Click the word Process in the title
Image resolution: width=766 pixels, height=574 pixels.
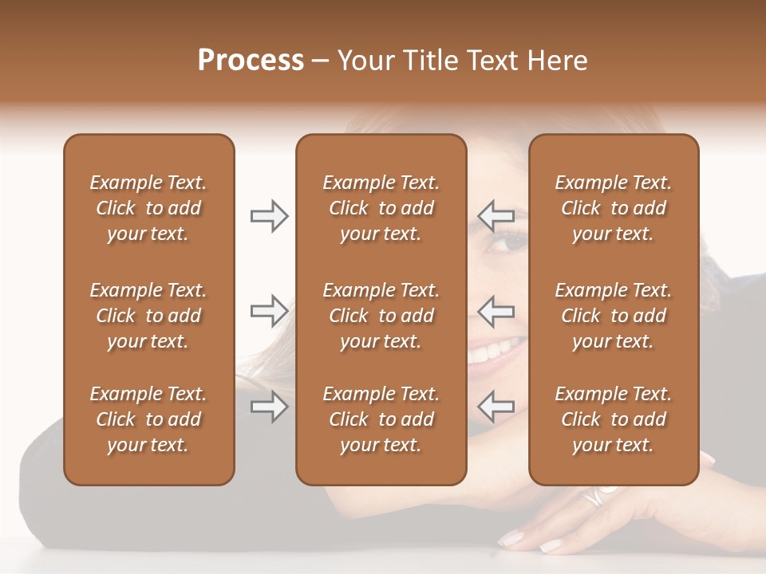pos(251,61)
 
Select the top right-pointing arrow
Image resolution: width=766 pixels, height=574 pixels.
pos(269,215)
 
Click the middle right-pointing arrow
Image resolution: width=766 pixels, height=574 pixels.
pos(269,310)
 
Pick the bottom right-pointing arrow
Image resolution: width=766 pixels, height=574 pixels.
pos(269,407)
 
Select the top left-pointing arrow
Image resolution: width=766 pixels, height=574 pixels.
pos(496,215)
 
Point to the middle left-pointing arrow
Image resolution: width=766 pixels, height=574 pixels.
pos(496,310)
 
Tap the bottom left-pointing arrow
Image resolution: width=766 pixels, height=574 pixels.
pos(496,407)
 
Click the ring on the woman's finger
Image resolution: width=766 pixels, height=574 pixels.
pos(594,497)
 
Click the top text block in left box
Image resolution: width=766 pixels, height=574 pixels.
pos(148,208)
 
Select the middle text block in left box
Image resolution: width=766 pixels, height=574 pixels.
pos(148,316)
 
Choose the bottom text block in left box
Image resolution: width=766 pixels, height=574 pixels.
pos(148,419)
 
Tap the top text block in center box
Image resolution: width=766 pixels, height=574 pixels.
pos(381,208)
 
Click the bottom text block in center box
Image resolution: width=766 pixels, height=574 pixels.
pos(381,419)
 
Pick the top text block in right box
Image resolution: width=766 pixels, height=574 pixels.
pos(613,208)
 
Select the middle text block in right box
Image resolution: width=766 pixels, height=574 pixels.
pos(613,316)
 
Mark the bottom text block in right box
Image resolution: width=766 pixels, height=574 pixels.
pos(613,419)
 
